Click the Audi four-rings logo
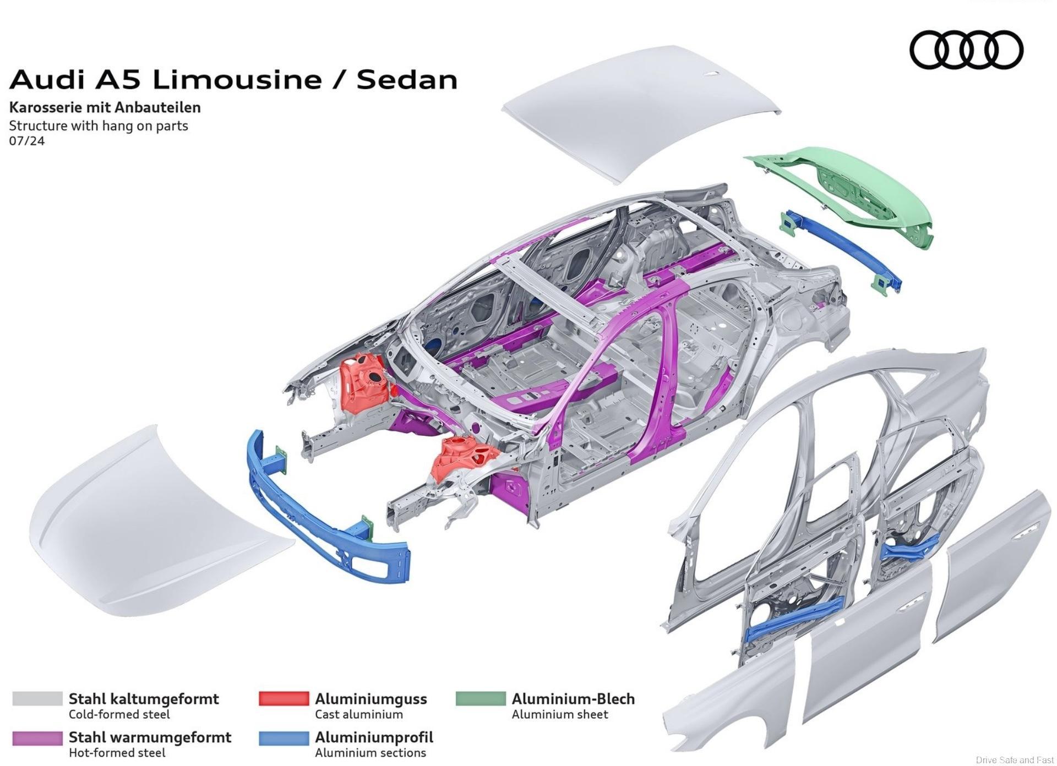[966, 50]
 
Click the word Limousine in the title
[237, 79]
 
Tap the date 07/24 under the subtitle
[27, 141]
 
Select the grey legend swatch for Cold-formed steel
[37, 699]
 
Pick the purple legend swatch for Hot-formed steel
[37, 737]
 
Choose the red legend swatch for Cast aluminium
[284, 699]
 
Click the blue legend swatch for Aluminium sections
[284, 737]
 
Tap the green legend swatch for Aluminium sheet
[481, 699]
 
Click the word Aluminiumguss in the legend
[371, 699]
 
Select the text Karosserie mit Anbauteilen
[105, 107]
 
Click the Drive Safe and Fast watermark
[1015, 760]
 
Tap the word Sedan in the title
[407, 79]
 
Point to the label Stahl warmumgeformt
[150, 737]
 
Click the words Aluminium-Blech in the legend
[573, 699]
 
